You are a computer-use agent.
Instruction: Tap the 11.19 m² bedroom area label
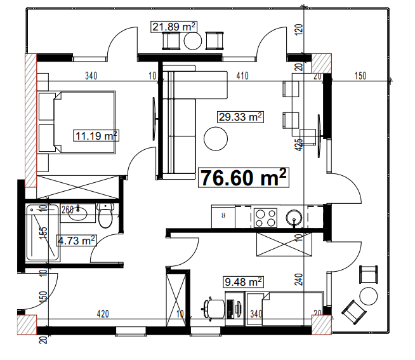(x=96, y=135)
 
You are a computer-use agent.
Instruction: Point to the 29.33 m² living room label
(x=240, y=117)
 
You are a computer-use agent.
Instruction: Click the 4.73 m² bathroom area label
(x=77, y=240)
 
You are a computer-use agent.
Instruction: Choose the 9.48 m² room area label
(x=243, y=281)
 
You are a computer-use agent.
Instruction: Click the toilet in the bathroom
(x=106, y=217)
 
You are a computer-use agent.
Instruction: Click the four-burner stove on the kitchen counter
(x=265, y=217)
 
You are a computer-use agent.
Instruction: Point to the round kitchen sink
(x=294, y=218)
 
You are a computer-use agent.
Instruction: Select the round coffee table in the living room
(x=216, y=138)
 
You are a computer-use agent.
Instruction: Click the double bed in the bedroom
(x=77, y=123)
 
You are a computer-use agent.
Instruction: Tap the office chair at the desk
(x=212, y=307)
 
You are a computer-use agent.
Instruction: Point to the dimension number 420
(x=103, y=313)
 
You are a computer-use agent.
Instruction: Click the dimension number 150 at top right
(x=360, y=76)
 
